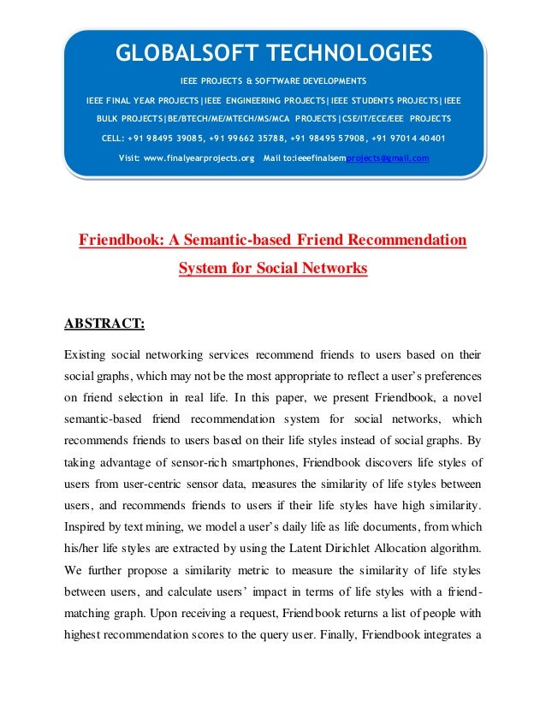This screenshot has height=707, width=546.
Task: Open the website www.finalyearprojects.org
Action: [x=203, y=158]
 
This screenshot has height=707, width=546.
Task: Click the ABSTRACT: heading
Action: [x=105, y=324]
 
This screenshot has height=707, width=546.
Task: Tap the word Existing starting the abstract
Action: [x=89, y=353]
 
